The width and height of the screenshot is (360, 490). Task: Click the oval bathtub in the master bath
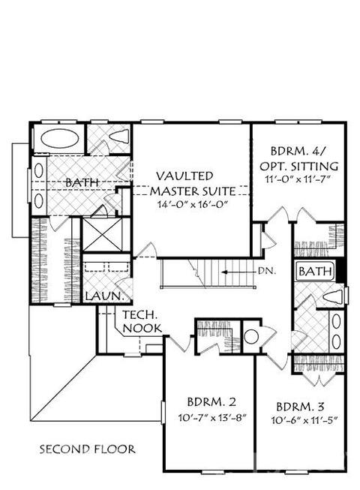tap(59, 138)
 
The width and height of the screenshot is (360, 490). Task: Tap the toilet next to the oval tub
tap(119, 137)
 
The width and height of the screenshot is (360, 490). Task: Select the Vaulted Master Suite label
tap(193, 183)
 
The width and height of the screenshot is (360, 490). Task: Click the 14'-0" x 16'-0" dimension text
tap(193, 205)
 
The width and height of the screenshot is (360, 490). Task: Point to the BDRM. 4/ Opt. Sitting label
tap(298, 158)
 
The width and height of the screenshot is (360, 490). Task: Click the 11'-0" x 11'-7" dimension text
tap(298, 179)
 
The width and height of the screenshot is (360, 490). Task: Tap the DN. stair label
tap(267, 271)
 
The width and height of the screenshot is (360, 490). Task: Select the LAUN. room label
tap(103, 296)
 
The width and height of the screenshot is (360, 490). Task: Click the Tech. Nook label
tap(142, 321)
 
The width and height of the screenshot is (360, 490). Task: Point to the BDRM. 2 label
tap(211, 401)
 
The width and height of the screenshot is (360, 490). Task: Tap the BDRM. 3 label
tap(300, 407)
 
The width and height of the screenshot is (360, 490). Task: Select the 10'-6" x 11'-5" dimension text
tap(304, 420)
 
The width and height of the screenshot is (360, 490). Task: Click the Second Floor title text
tap(88, 449)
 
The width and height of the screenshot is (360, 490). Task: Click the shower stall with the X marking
tap(102, 235)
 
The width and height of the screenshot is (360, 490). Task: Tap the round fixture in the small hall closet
tap(250, 337)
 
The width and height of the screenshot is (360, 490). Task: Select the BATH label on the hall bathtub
tap(315, 271)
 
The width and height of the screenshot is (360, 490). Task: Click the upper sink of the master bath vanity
tap(39, 170)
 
